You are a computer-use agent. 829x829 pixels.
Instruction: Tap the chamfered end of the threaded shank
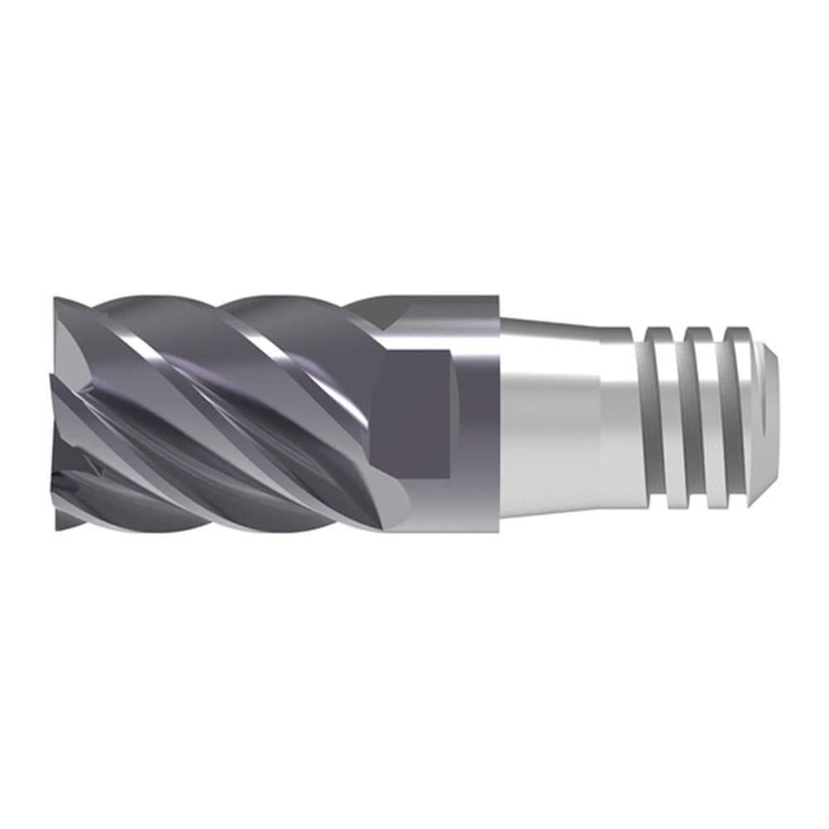pyautogui.click(x=771, y=414)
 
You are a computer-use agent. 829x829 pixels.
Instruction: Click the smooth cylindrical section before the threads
pyautogui.click(x=618, y=414)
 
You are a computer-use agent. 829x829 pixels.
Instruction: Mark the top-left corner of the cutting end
pyautogui.click(x=56, y=297)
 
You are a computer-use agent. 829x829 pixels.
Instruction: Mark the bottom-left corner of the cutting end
pyautogui.click(x=56, y=528)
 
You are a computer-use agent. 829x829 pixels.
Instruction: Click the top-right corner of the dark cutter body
pyautogui.click(x=497, y=296)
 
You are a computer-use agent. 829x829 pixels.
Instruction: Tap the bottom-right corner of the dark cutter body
pyautogui.click(x=497, y=531)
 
